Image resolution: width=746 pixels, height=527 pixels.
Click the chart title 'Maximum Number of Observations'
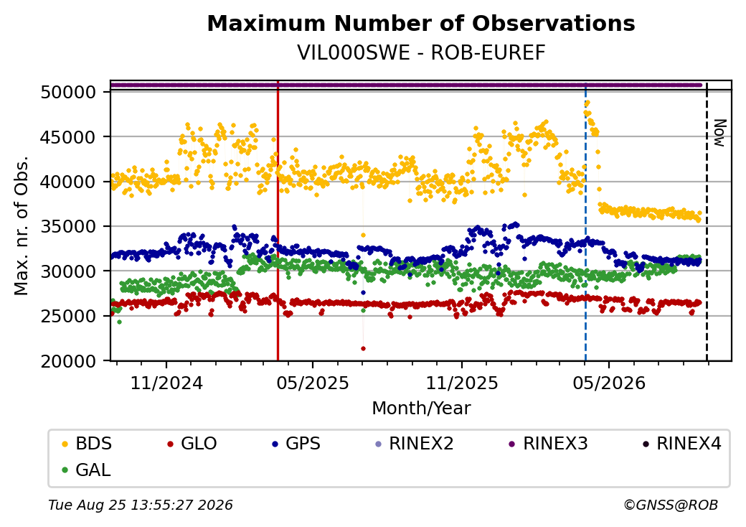click(x=421, y=23)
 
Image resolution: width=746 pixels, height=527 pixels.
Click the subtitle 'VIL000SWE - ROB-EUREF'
click(x=421, y=53)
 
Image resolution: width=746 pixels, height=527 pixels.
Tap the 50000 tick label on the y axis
click(x=69, y=93)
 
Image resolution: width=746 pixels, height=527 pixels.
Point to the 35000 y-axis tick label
click(x=69, y=227)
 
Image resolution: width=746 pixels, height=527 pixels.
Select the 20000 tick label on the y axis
click(x=69, y=361)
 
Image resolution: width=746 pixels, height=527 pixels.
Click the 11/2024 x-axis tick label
click(x=166, y=383)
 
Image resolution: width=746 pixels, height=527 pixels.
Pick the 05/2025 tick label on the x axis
click(x=313, y=383)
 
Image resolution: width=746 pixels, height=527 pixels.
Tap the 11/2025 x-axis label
click(x=461, y=383)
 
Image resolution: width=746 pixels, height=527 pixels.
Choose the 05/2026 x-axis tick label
click(x=609, y=383)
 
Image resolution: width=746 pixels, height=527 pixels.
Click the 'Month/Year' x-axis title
click(x=421, y=409)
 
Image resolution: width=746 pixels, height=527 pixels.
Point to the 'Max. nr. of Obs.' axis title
click(x=22, y=225)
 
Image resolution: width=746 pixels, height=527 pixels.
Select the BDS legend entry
click(x=87, y=444)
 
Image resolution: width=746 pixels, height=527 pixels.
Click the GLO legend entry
click(x=192, y=444)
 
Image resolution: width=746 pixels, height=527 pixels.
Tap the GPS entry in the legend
click(x=296, y=444)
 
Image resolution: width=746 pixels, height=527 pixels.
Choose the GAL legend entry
click(x=87, y=470)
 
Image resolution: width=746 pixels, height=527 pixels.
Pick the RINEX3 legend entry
click(x=549, y=444)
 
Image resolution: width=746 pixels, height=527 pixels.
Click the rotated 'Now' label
click(x=720, y=133)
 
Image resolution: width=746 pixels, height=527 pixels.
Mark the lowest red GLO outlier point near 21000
click(x=363, y=348)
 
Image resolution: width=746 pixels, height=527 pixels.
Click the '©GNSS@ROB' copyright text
click(x=671, y=505)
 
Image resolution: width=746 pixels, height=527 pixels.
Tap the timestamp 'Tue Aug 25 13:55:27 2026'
click(x=141, y=505)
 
